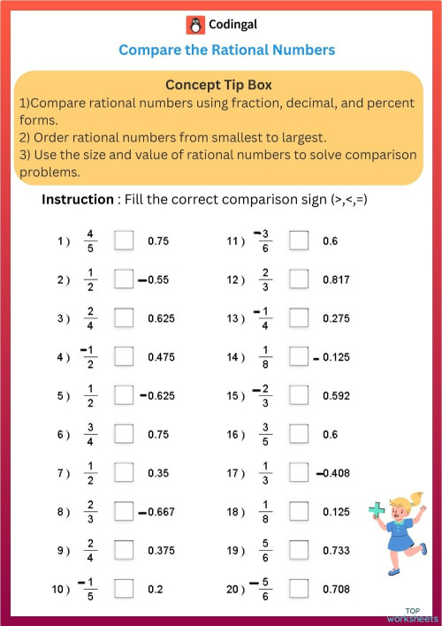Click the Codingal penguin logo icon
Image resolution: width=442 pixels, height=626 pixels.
(x=194, y=25)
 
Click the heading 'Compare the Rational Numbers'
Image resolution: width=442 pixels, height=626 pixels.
(x=226, y=50)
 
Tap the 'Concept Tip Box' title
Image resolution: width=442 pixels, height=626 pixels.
(x=218, y=85)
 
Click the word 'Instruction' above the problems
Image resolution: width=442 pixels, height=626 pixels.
(x=78, y=200)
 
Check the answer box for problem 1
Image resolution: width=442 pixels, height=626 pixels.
(x=124, y=240)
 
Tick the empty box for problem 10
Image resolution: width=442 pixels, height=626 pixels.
(x=124, y=589)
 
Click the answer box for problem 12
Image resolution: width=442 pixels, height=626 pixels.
(x=300, y=279)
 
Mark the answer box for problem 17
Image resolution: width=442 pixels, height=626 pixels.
(x=300, y=473)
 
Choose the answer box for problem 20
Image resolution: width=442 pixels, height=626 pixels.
(x=300, y=589)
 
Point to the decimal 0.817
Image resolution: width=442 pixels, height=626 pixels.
(x=337, y=279)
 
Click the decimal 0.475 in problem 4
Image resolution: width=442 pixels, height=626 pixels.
(x=162, y=357)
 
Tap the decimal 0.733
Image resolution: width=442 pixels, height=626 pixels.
(x=337, y=550)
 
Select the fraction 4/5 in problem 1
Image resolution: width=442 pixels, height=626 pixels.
(x=88, y=240)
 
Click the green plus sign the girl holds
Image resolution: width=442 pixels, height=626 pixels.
(x=377, y=511)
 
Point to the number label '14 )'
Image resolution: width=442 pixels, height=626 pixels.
(x=235, y=357)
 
